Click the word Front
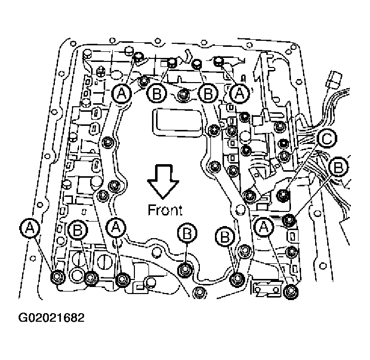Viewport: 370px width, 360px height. pyautogui.click(x=166, y=209)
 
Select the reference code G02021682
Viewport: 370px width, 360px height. pyautogui.click(x=52, y=318)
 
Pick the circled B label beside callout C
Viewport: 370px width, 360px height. pyautogui.click(x=339, y=166)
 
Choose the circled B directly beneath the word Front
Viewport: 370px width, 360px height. pyautogui.click(x=187, y=233)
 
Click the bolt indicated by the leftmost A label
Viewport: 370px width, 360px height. pyautogui.click(x=57, y=276)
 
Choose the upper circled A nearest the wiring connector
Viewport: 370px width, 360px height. pyautogui.click(x=240, y=93)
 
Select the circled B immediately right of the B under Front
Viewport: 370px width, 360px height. pyautogui.click(x=225, y=235)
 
